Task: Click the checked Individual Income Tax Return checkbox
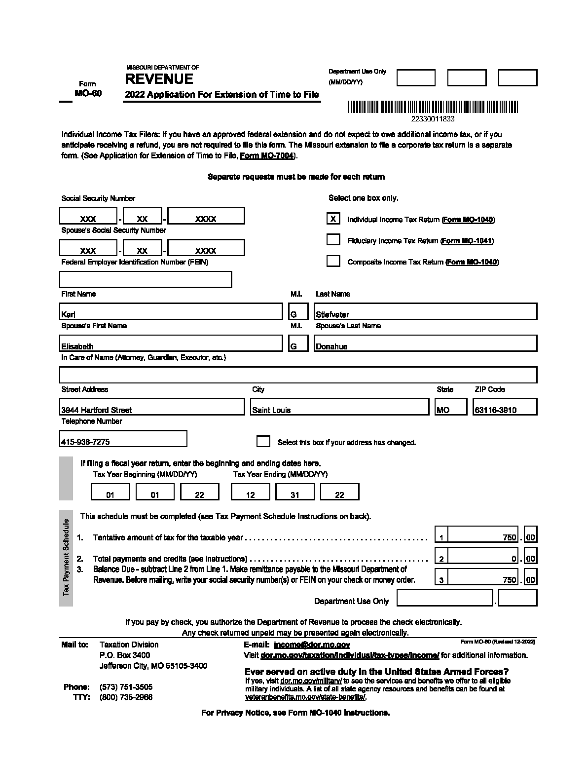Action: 333,218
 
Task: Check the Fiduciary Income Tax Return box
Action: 333,239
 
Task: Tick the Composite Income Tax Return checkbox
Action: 333,261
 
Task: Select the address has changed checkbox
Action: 263,441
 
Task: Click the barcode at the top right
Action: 433,108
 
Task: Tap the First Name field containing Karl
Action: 171,312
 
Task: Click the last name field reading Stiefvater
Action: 425,312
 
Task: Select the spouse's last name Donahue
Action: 425,343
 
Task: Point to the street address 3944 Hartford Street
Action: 152,407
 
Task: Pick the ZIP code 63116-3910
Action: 504,407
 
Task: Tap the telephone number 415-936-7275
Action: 123,439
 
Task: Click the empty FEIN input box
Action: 146,279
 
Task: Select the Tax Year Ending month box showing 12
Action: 251,492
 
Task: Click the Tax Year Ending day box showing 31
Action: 295,492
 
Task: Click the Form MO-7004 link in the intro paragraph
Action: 267,156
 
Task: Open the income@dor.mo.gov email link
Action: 312,645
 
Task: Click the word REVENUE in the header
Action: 159,79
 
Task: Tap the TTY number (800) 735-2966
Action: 126,697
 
